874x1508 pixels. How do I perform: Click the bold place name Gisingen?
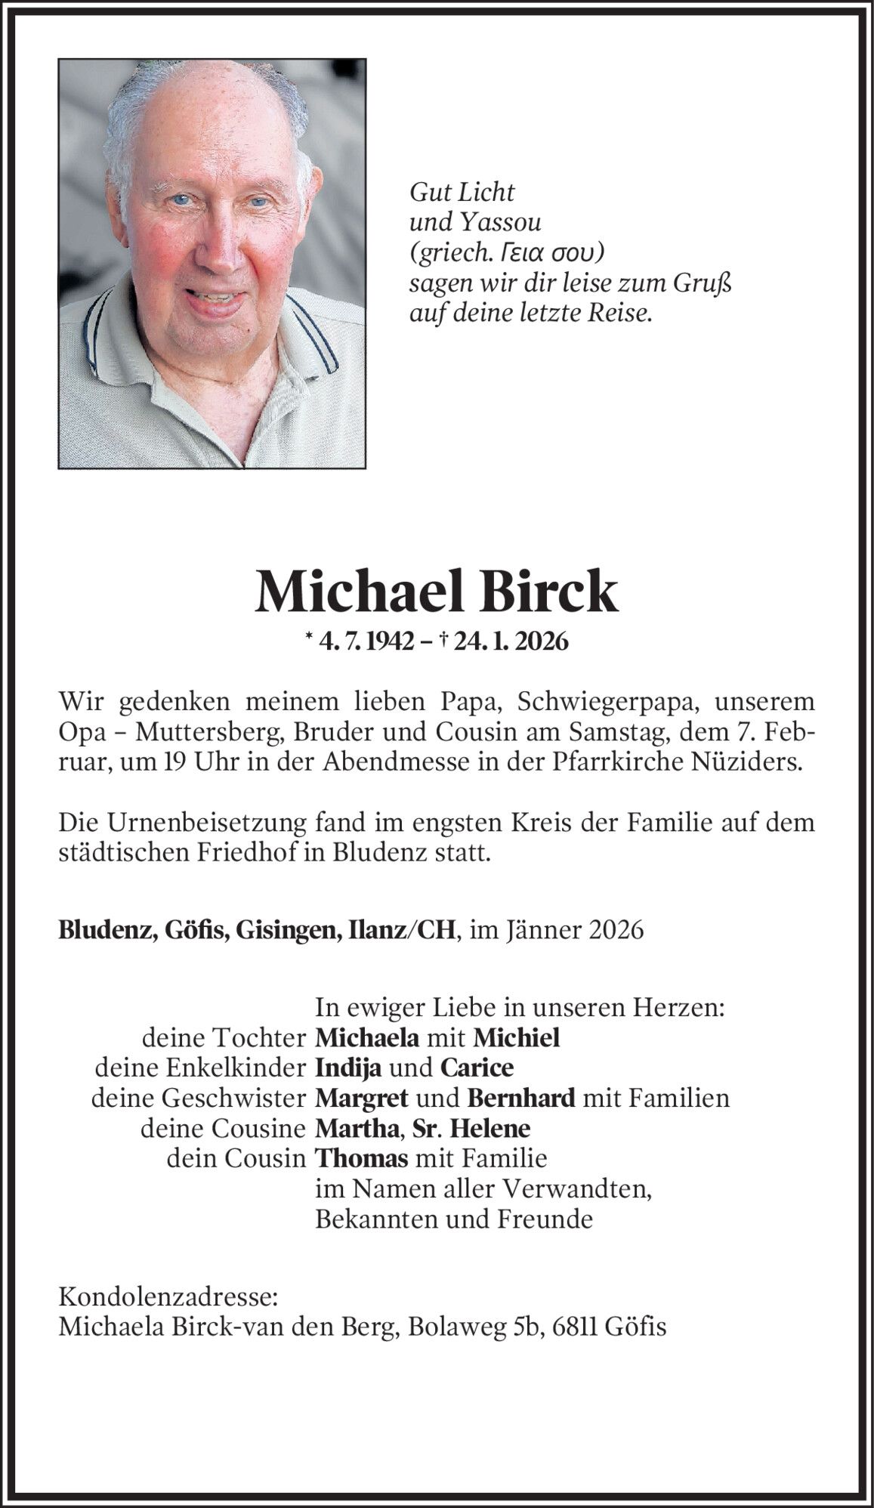(288, 930)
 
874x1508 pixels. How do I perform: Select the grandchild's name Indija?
(347, 1068)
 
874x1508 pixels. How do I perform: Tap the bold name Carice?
(477, 1068)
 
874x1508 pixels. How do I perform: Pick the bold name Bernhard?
(521, 1098)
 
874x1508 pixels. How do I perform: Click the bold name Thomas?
(362, 1158)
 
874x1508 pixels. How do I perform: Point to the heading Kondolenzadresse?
(168, 1297)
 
